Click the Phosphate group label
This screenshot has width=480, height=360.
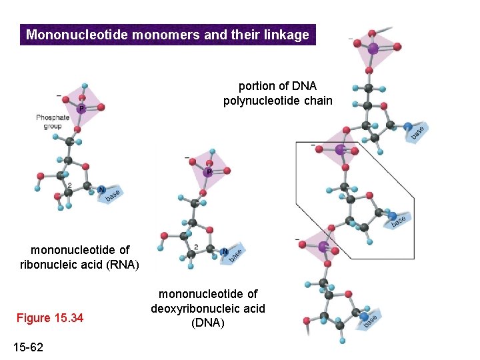[53, 122]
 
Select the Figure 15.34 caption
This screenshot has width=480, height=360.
[51, 318]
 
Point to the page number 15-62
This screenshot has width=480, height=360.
[29, 347]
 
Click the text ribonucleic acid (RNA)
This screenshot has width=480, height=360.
[79, 265]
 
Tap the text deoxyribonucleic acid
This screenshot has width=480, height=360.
[208, 308]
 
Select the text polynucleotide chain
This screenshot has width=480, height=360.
[277, 101]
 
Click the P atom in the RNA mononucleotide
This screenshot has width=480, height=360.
[81, 108]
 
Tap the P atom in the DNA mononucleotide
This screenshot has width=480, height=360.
[209, 172]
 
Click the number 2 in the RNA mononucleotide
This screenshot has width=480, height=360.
[69, 185]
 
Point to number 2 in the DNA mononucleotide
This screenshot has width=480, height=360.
[195, 247]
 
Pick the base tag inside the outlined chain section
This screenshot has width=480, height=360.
[398, 219]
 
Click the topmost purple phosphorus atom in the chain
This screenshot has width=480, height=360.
[373, 48]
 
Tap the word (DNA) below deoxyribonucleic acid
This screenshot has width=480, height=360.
[208, 323]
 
